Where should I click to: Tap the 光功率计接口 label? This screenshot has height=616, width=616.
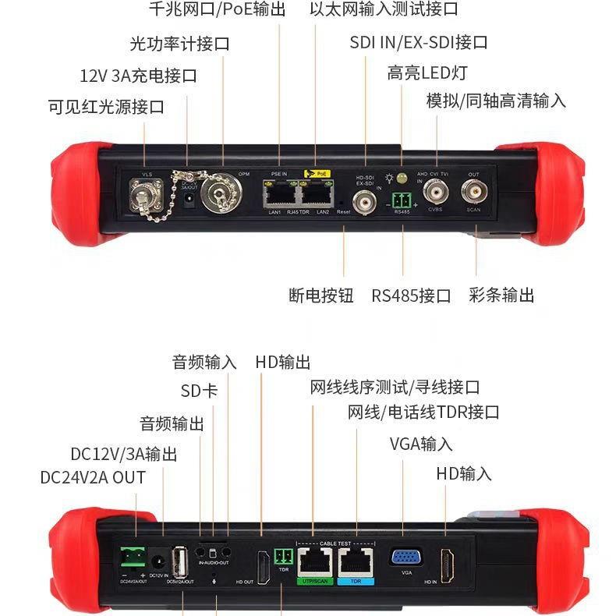[179, 44]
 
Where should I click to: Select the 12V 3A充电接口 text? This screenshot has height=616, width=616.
[138, 76]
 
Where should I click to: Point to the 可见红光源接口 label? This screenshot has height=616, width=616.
[106, 108]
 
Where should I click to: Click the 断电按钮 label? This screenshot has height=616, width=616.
[320, 296]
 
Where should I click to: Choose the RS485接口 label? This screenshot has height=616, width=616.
[411, 296]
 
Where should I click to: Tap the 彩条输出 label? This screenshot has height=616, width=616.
[501, 296]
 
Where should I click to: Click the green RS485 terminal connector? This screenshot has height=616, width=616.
[402, 196]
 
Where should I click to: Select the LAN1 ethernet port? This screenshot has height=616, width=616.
[280, 193]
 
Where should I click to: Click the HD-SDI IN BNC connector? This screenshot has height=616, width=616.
[365, 196]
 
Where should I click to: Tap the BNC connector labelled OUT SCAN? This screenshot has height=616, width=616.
[473, 191]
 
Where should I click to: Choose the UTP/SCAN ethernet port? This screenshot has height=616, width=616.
[313, 562]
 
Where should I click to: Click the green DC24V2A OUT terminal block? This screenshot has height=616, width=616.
[133, 558]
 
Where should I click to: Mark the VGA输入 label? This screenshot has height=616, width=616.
[421, 444]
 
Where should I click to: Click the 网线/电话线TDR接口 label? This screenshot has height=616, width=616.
[423, 412]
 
